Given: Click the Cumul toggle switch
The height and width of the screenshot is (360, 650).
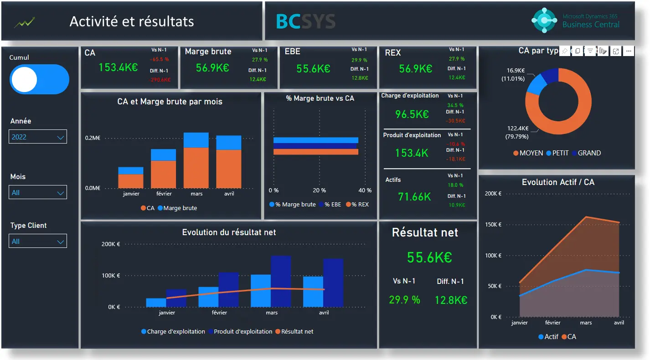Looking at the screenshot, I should pyautogui.click(x=39, y=79).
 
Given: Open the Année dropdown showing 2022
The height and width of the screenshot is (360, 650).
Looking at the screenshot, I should pyautogui.click(x=38, y=137).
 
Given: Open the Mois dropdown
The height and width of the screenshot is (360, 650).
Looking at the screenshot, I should pyautogui.click(x=38, y=192).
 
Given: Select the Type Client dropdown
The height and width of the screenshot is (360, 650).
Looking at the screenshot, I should pyautogui.click(x=38, y=241).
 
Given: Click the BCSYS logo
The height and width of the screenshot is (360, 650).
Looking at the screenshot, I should pyautogui.click(x=305, y=21).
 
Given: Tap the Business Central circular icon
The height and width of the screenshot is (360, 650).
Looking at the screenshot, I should pyautogui.click(x=545, y=21).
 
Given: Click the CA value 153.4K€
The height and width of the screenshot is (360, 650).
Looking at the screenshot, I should pyautogui.click(x=118, y=67).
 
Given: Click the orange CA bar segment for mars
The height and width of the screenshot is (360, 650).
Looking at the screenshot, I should pyautogui.click(x=196, y=168).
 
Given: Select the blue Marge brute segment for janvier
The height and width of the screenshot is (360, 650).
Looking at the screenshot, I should pyautogui.click(x=131, y=170).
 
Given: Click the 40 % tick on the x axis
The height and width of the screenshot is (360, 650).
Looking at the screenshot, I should pyautogui.click(x=365, y=190).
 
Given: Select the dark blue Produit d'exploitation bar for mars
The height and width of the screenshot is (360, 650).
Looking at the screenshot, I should pyautogui.click(x=281, y=281).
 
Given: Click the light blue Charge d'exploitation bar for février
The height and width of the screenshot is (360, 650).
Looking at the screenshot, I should pyautogui.click(x=208, y=297).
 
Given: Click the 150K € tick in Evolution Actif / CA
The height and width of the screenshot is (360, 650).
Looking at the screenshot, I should pyautogui.click(x=493, y=225).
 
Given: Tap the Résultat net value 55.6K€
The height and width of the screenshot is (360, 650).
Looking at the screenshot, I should pyautogui.click(x=429, y=257).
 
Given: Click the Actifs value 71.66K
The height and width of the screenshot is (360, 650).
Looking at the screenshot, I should pyautogui.click(x=414, y=197).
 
